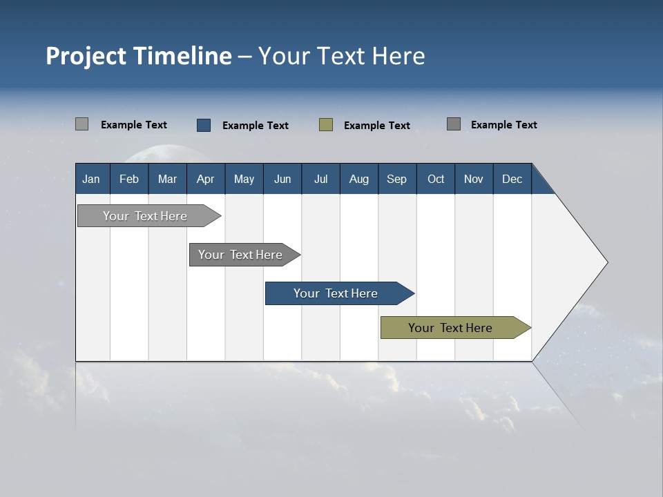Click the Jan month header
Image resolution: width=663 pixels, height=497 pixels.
coord(91,179)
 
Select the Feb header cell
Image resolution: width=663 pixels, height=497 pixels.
coord(129,179)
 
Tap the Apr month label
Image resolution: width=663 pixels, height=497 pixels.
coord(205,179)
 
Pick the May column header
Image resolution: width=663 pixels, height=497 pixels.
coord(244,179)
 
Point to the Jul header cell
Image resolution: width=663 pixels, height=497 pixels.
coord(320,179)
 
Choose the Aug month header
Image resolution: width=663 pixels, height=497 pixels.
coord(358,179)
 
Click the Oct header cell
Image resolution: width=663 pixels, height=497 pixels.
coord(436,179)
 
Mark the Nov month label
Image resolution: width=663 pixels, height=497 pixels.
coord(474,179)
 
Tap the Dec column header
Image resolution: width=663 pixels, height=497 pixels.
coord(512,179)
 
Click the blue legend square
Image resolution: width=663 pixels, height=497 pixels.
coord(204,125)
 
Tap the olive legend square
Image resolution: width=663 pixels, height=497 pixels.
coord(326,124)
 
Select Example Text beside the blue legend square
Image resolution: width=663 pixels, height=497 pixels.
coord(255,126)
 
